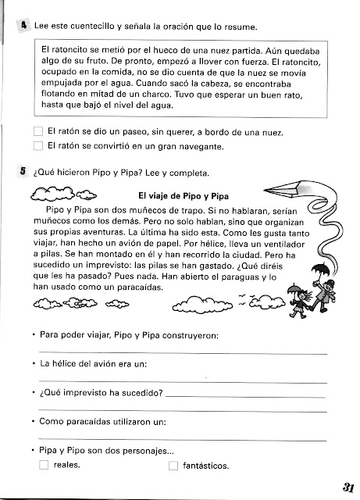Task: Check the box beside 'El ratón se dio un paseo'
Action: coord(39,131)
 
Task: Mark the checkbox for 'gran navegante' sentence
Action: coord(39,146)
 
